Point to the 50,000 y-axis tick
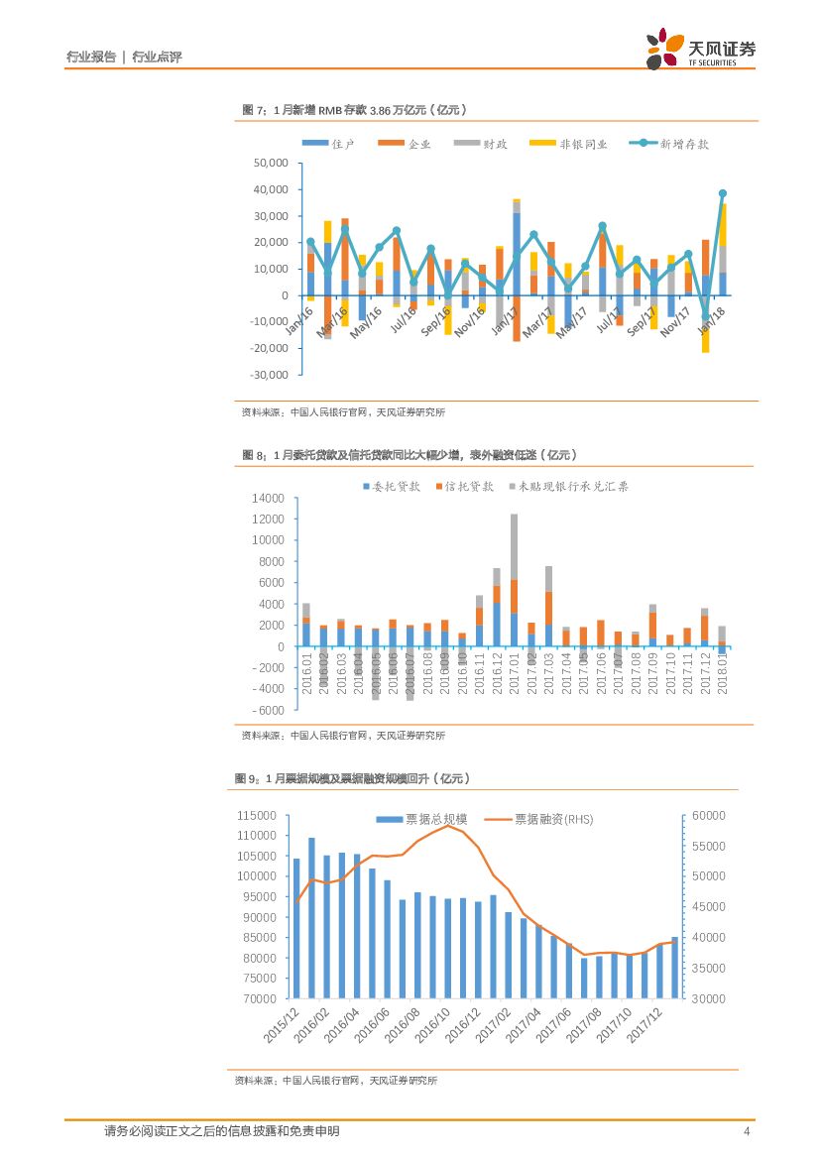tap(271, 163)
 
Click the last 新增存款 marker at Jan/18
tap(723, 193)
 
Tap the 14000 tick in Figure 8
tap(269, 498)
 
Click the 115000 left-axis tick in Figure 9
tap(256, 815)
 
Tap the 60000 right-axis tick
tap(709, 815)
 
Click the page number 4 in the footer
tap(746, 1131)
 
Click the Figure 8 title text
tap(410, 454)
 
